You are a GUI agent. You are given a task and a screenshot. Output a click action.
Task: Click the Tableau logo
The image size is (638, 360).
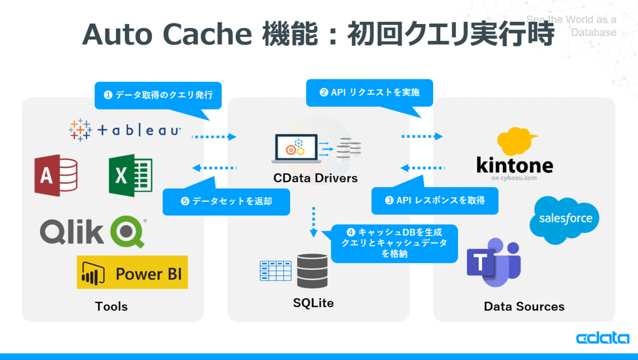tap(125, 130)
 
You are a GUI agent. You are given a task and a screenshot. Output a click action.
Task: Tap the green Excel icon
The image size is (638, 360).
tap(130, 175)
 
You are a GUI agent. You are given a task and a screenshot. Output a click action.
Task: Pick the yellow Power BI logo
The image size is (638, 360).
tap(132, 272)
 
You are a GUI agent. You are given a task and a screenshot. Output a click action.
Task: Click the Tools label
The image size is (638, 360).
tap(112, 306)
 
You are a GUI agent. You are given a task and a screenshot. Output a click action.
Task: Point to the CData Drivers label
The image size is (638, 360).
tap(315, 178)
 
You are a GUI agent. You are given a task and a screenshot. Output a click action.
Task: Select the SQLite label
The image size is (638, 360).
tap(313, 303)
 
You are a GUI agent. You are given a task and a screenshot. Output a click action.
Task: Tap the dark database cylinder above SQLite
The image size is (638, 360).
tap(312, 271)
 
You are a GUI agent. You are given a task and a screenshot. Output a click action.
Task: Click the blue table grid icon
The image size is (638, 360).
tap(275, 271)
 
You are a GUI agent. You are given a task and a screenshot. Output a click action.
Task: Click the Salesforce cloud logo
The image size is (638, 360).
tap(565, 219)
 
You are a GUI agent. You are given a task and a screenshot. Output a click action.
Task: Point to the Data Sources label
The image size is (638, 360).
tap(524, 306)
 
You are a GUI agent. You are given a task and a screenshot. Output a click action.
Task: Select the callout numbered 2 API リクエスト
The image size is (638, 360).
tap(370, 93)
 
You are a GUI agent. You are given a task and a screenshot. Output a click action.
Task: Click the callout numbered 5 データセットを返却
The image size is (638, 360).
tap(226, 202)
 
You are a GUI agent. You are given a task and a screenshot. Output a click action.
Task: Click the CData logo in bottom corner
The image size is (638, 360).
tap(602, 339)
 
